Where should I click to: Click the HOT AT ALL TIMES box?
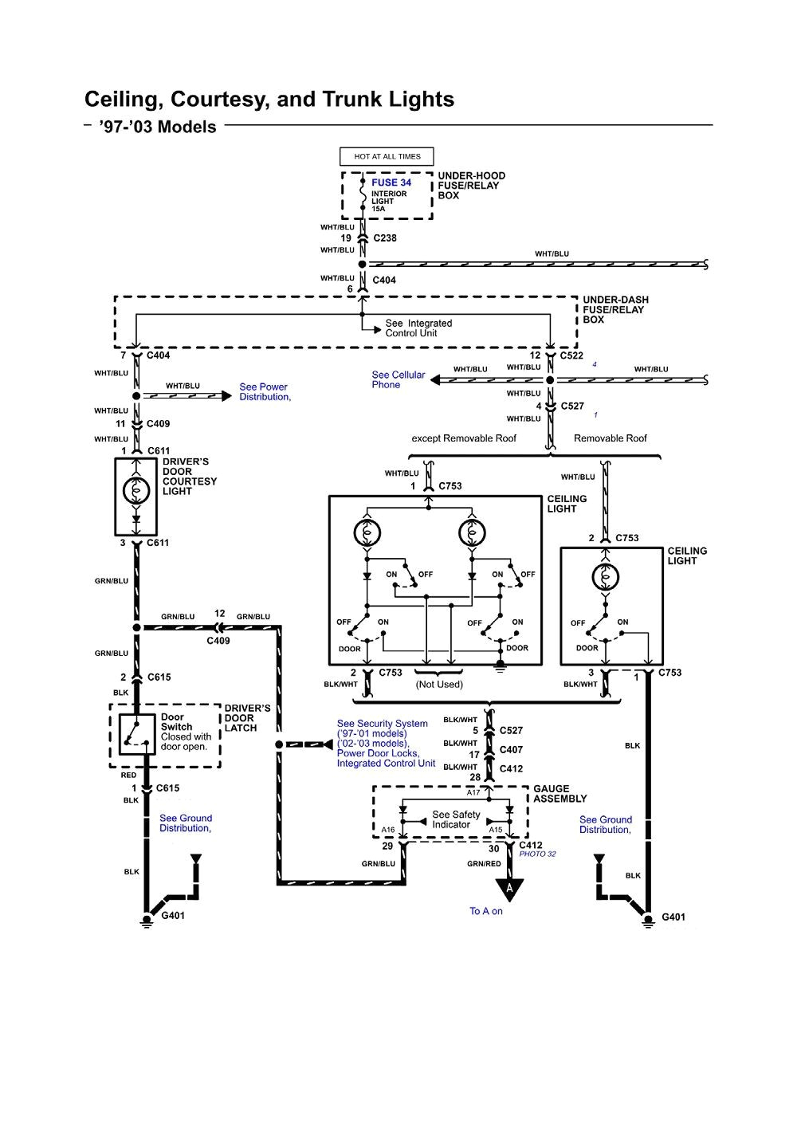[x=387, y=156]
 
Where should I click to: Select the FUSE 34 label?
[x=391, y=183]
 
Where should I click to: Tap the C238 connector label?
[x=385, y=238]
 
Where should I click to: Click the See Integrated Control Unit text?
[x=418, y=328]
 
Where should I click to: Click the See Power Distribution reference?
[x=265, y=392]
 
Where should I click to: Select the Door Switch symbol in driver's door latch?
[x=137, y=734]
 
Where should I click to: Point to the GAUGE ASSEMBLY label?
[x=559, y=794]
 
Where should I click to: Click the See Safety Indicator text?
[x=456, y=819]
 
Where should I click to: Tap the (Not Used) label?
[x=439, y=684]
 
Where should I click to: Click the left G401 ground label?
[x=173, y=916]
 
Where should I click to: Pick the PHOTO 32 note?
[x=537, y=854]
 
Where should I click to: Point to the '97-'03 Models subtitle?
[x=158, y=128]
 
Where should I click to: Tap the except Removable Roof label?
[x=464, y=438]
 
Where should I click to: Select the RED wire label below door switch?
[x=128, y=775]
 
